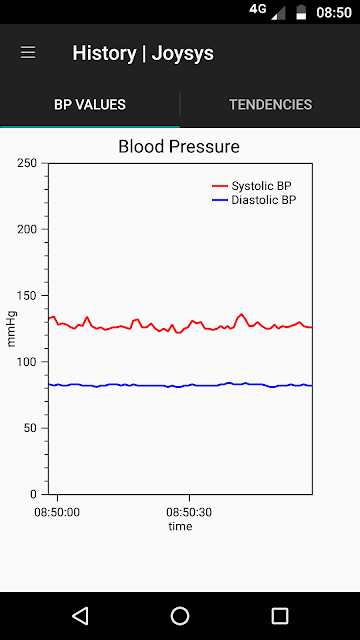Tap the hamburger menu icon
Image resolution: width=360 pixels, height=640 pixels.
[x=28, y=53]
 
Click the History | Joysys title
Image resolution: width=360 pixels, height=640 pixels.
[x=143, y=53]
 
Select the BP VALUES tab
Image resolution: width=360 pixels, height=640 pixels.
[x=90, y=105]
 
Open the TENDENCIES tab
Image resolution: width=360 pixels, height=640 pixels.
[x=270, y=105]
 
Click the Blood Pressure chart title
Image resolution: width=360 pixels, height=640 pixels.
[x=179, y=147]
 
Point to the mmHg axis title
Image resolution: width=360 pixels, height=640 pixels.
[x=11, y=329]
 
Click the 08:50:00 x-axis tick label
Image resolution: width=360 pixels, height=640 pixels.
[x=57, y=512]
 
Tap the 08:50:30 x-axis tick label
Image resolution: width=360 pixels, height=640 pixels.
[x=189, y=512]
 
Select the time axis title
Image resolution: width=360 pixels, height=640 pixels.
[x=180, y=527]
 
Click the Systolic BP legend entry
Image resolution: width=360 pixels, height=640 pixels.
[x=252, y=186]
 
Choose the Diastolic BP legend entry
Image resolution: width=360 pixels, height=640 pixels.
[x=254, y=200]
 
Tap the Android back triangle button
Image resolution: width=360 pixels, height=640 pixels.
[x=80, y=616]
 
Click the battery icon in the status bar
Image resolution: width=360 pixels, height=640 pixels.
[x=301, y=12]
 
